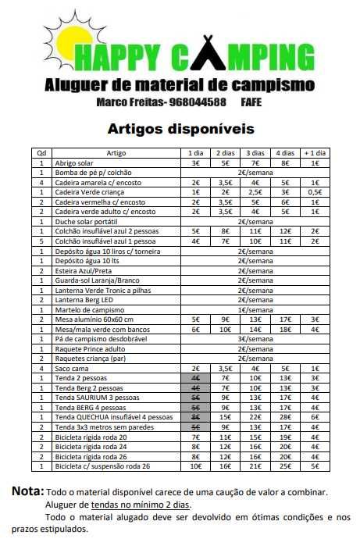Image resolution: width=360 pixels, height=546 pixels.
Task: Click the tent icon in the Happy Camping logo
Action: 216,55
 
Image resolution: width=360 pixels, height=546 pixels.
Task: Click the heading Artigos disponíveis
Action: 180,127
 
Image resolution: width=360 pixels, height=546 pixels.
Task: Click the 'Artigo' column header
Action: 116,153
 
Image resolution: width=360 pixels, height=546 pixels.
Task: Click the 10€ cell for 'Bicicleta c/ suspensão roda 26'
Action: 195,466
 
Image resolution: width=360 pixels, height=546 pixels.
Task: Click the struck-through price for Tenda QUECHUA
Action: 195,417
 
